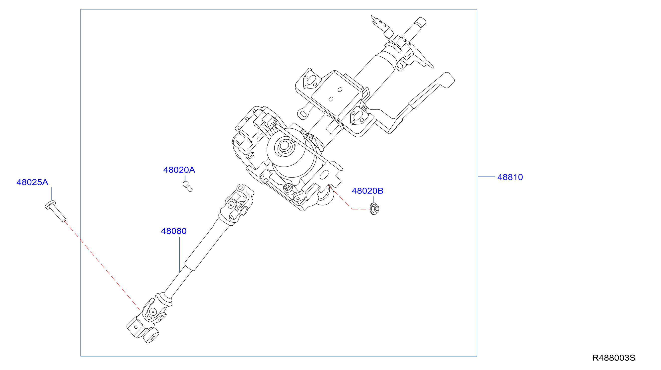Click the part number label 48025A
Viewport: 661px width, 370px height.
click(x=32, y=182)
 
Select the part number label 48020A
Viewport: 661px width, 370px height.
click(x=179, y=170)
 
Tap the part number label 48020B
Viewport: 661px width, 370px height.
click(x=367, y=191)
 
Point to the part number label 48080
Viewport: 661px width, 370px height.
click(x=174, y=231)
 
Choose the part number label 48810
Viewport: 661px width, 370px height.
click(x=510, y=177)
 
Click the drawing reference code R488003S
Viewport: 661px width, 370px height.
click(x=613, y=358)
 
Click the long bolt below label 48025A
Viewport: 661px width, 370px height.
click(x=55, y=211)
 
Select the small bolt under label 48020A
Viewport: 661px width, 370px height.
click(x=187, y=186)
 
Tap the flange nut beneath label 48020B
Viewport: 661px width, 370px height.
click(x=374, y=208)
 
